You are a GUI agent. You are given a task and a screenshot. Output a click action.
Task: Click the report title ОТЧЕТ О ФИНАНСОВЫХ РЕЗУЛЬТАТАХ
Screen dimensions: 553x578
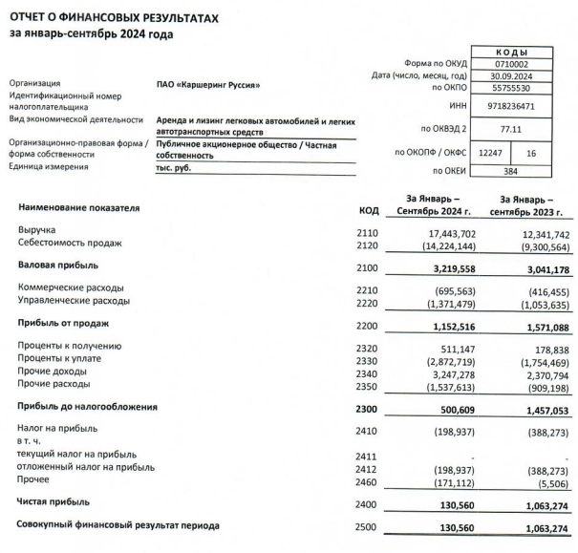114,17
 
